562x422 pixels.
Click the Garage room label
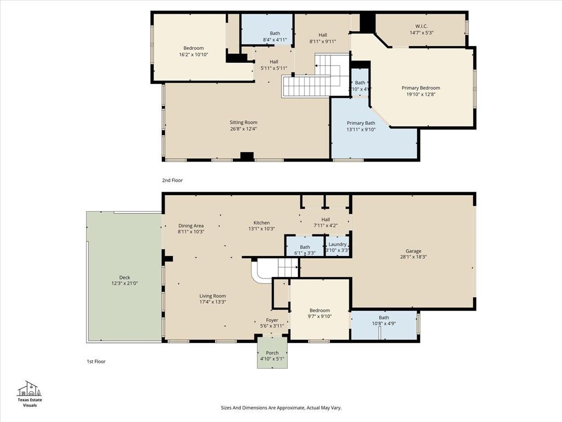pyautogui.click(x=413, y=251)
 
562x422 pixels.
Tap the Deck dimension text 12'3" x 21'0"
pyautogui.click(x=125, y=283)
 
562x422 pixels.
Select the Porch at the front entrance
pyautogui.click(x=272, y=352)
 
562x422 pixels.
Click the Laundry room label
pyautogui.click(x=338, y=244)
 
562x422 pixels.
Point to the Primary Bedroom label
pyautogui.click(x=421, y=88)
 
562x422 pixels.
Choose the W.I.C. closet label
pyautogui.click(x=422, y=26)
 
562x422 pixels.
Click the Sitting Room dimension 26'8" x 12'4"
pyautogui.click(x=243, y=129)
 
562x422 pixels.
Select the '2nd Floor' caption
pyautogui.click(x=172, y=180)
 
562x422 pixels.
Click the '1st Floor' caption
pyautogui.click(x=96, y=362)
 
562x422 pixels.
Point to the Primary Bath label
pyautogui.click(x=361, y=123)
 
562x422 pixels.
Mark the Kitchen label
pyautogui.click(x=262, y=223)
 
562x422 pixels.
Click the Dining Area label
pyautogui.click(x=191, y=226)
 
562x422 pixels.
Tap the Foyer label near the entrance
pyautogui.click(x=272, y=320)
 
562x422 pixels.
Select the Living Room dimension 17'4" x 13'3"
pyautogui.click(x=213, y=302)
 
